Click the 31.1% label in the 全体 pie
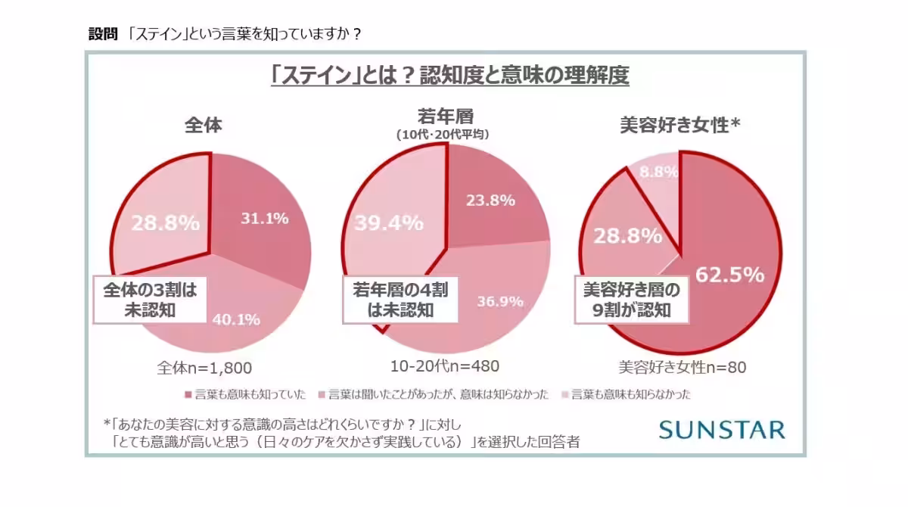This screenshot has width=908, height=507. pyautogui.click(x=265, y=219)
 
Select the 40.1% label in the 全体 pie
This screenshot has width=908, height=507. pyautogui.click(x=237, y=319)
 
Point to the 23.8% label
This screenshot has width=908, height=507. pyautogui.click(x=492, y=201)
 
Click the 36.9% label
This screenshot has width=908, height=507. pyautogui.click(x=500, y=301)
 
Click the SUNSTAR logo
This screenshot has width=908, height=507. pyautogui.click(x=721, y=430)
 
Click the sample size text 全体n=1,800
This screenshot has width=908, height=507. pyautogui.click(x=204, y=368)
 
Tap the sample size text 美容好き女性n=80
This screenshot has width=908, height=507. pyautogui.click(x=683, y=368)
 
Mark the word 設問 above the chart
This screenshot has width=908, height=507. pyautogui.click(x=103, y=34)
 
